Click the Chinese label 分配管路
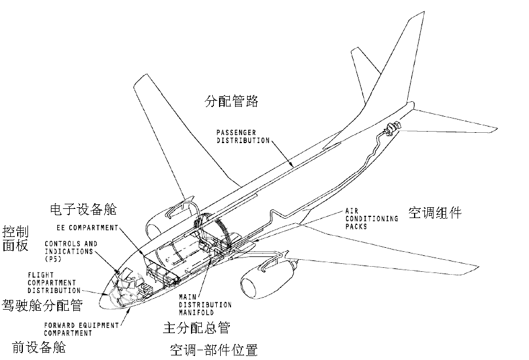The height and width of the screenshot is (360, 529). click(232, 102)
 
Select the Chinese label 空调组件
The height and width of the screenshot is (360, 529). click(435, 213)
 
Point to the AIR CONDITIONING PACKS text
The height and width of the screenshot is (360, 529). click(371, 218)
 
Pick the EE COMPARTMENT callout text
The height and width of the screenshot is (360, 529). click(91, 227)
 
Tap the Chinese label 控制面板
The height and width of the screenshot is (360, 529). click(15, 239)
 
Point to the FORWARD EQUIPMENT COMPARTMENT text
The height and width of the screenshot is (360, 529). click(81, 329)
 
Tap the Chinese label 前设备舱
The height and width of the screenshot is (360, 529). click(38, 346)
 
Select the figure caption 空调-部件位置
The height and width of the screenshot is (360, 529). click(214, 350)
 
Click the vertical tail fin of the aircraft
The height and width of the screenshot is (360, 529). click(400, 63)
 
